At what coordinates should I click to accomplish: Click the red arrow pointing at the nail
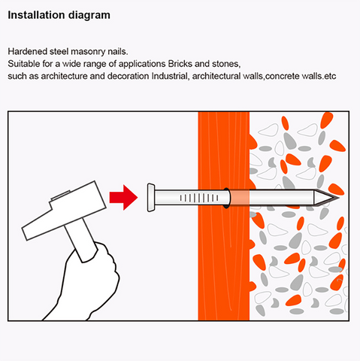click(123, 198)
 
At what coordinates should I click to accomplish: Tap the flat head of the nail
click(151, 198)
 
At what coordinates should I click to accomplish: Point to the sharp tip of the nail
click(339, 198)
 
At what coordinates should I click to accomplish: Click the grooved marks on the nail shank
click(199, 198)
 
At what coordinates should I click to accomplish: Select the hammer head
click(64, 211)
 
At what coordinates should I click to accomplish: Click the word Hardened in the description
click(28, 51)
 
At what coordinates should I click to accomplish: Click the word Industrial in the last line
click(170, 76)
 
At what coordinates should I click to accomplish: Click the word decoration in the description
click(128, 76)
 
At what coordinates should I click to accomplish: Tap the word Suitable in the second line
click(24, 64)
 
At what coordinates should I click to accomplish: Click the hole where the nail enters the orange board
click(226, 198)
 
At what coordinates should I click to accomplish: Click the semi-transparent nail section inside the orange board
click(240, 198)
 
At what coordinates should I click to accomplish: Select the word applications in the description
click(142, 64)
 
